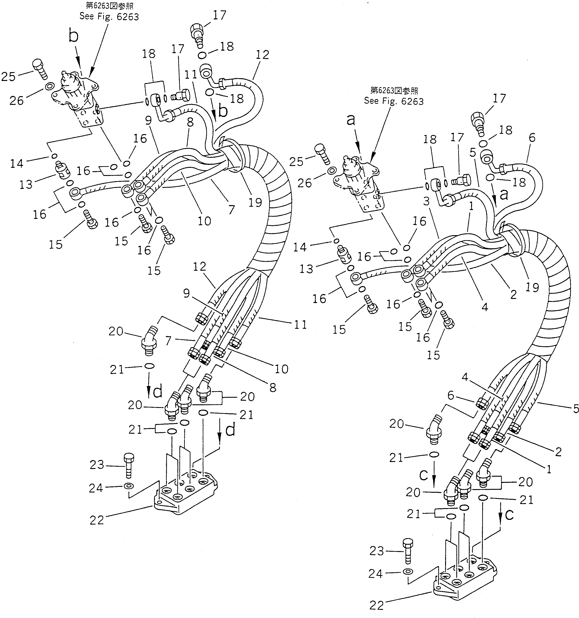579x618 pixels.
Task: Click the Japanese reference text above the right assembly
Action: pyautogui.click(x=394, y=90)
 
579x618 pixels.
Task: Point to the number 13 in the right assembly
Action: pyautogui.click(x=306, y=269)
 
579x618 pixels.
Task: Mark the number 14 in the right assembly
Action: pyautogui.click(x=300, y=247)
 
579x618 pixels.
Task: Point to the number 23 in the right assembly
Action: pyautogui.click(x=377, y=551)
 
